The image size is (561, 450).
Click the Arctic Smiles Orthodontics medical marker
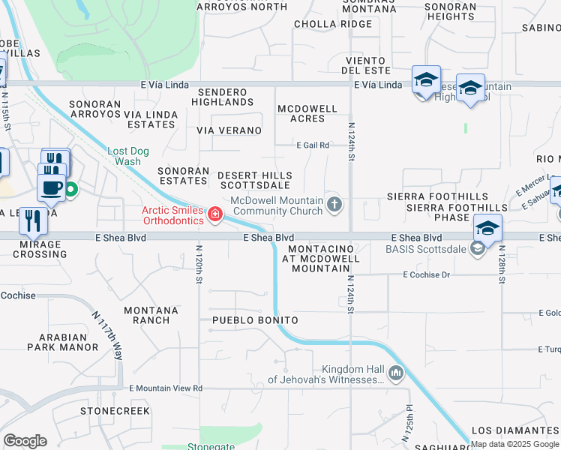[x=215, y=215]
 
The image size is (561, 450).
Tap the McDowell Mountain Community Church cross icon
[x=335, y=204]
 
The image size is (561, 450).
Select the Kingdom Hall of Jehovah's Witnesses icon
[x=396, y=373]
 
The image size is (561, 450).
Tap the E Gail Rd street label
[x=313, y=145]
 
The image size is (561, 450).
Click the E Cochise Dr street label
[x=425, y=275]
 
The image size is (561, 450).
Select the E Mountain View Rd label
[x=166, y=388]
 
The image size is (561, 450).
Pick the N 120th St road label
[x=199, y=263]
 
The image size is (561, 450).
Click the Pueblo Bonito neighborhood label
[x=255, y=320]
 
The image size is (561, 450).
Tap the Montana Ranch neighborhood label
[x=151, y=315]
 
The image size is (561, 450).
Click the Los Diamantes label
[x=515, y=430]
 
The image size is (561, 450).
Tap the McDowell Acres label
[x=307, y=113]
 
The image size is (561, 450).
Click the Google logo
[x=25, y=441]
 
